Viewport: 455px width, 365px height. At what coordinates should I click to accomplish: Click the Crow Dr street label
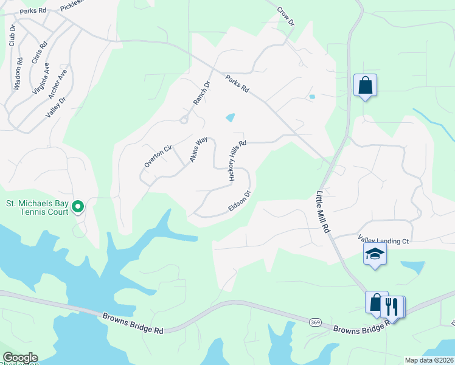pyautogui.click(x=286, y=16)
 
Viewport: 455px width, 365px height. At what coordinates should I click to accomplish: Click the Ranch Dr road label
pyautogui.click(x=201, y=92)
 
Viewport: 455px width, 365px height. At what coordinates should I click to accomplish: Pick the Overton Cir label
pyautogui.click(x=159, y=156)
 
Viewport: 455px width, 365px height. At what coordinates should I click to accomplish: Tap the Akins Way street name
pyautogui.click(x=199, y=149)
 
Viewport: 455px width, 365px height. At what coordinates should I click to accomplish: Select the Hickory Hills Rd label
pyautogui.click(x=237, y=161)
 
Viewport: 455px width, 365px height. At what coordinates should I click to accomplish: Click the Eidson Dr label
pyautogui.click(x=240, y=201)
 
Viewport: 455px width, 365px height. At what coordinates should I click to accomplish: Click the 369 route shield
pyautogui.click(x=314, y=322)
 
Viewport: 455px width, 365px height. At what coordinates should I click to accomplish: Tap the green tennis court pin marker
pyautogui.click(x=78, y=207)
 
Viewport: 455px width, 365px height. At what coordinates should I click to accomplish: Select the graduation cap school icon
pyautogui.click(x=375, y=254)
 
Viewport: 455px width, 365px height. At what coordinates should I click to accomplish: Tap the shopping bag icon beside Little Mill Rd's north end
pyautogui.click(x=366, y=86)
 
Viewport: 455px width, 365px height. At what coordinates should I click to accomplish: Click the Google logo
pyautogui.click(x=20, y=358)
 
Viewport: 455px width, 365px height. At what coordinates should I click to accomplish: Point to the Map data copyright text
pyautogui.click(x=428, y=360)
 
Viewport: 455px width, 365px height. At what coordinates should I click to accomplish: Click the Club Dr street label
pyautogui.click(x=11, y=35)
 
